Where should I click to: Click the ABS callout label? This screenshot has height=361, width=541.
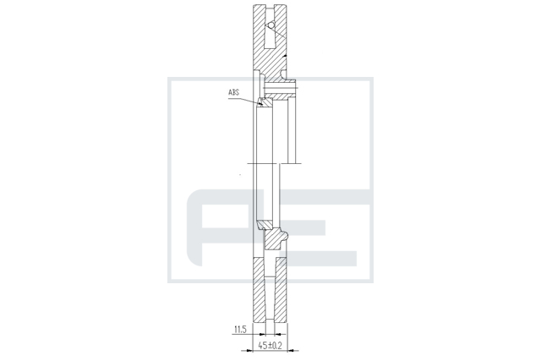click(233, 92)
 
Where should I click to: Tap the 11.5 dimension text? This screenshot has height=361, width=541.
click(240, 329)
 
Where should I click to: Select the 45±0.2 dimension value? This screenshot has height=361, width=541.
click(270, 345)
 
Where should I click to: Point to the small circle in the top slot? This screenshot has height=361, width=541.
click(271, 25)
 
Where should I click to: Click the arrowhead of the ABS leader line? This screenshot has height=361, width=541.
click(260, 102)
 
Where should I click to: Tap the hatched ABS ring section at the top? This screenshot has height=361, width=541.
click(265, 101)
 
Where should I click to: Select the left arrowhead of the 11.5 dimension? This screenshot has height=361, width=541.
click(262, 334)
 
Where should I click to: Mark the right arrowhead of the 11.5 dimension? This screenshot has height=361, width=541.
click(278, 334)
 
